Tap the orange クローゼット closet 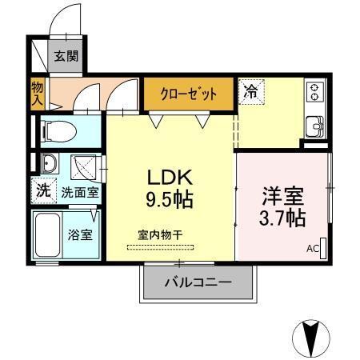(x=190, y=93)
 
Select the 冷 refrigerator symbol (x=250, y=92)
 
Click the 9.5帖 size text (x=169, y=198)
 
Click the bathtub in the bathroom (x=49, y=235)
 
